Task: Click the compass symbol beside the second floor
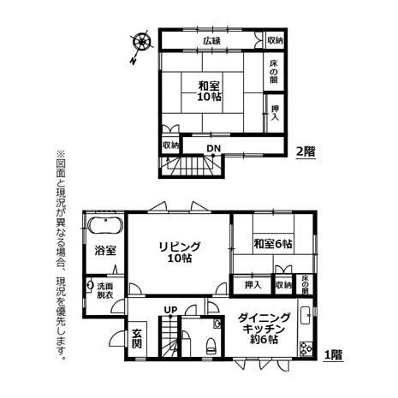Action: point(142,42)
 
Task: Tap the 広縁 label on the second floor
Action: point(212,41)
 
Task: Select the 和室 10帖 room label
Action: point(210,91)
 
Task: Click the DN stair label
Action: point(214,148)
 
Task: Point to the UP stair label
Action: point(170,310)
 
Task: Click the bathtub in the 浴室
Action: point(105,226)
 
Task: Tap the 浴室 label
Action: point(105,251)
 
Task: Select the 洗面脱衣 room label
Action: point(105,290)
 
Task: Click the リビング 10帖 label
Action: point(180,252)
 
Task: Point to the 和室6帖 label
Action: point(273,244)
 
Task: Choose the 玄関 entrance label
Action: point(137,339)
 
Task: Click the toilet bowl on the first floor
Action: point(211,345)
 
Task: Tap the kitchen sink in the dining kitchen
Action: point(306,315)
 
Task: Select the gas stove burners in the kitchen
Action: point(306,348)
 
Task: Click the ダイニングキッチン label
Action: point(264,329)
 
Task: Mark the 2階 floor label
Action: point(306,151)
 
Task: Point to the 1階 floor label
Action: point(333,355)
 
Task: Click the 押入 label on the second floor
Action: point(275,113)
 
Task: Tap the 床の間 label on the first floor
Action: point(306,284)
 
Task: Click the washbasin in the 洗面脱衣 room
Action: point(90,285)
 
